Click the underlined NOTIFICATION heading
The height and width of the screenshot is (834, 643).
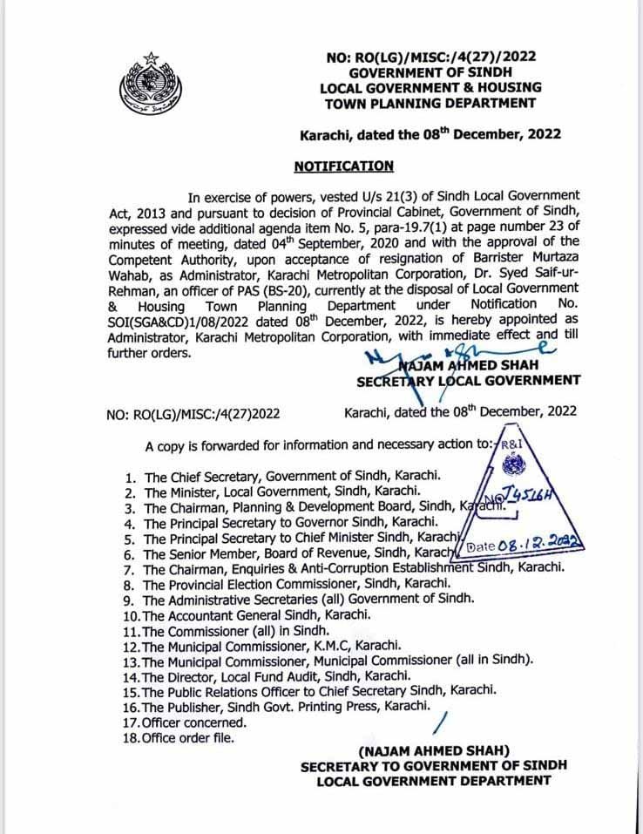click(343, 166)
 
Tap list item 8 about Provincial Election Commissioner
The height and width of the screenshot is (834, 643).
click(297, 583)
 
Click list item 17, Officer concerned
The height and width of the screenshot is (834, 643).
click(196, 722)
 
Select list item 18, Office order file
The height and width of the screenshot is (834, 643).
click(193, 738)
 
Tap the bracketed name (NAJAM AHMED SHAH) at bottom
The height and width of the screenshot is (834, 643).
click(434, 751)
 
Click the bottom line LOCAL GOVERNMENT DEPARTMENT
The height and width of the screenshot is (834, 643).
click(433, 781)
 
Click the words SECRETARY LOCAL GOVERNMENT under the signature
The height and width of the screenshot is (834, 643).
click(469, 380)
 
